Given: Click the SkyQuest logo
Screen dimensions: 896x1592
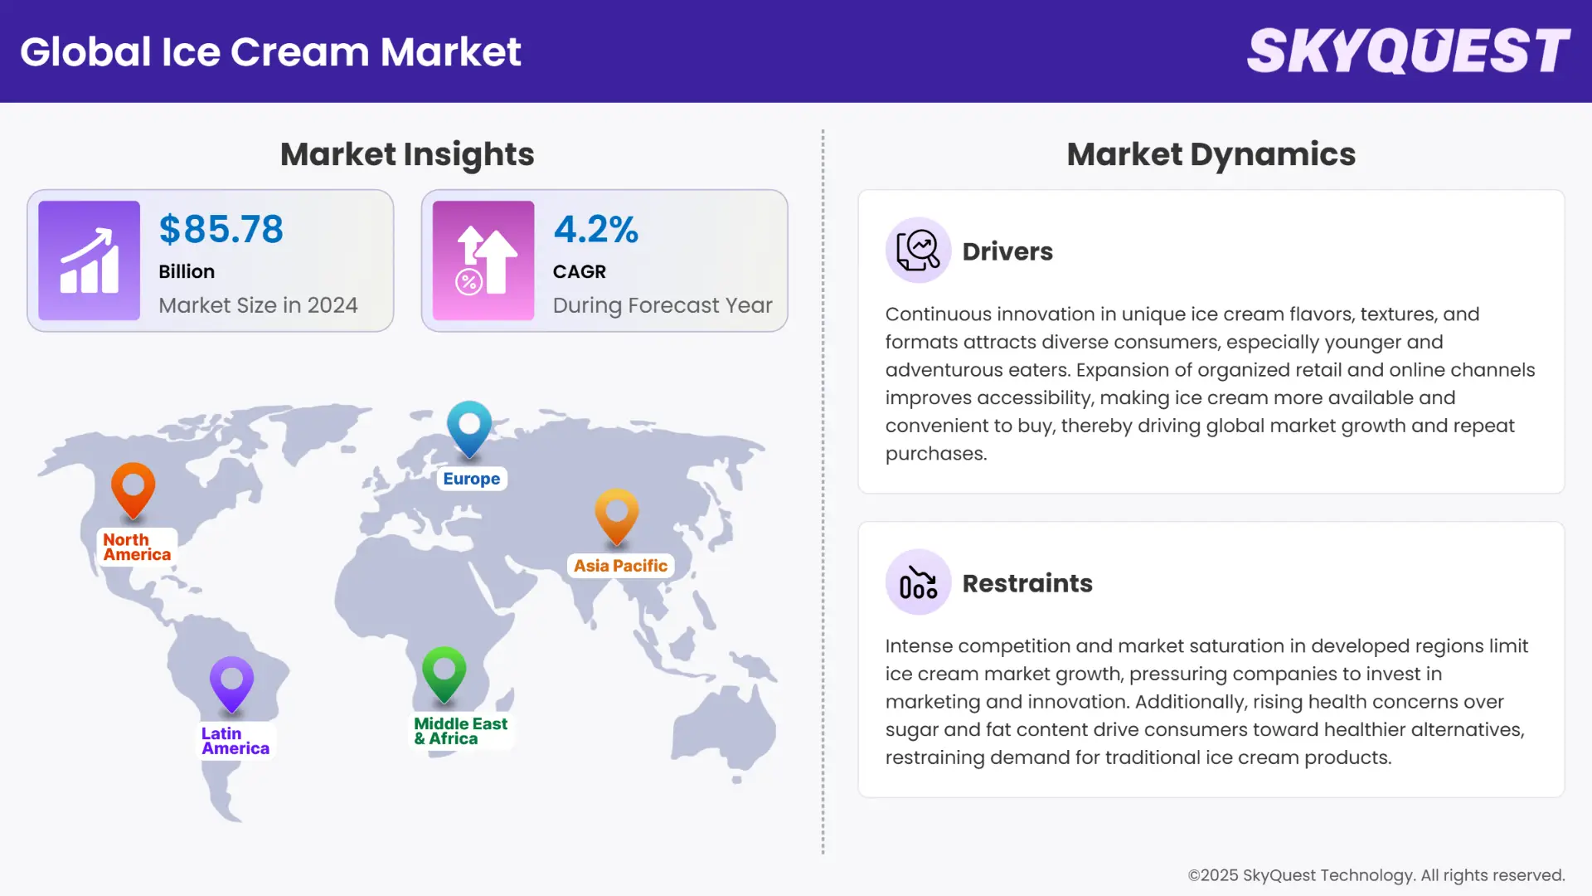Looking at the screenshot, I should tap(1408, 51).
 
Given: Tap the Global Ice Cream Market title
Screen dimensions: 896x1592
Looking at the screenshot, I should tap(270, 51).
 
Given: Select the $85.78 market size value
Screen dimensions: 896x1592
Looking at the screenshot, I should tap(221, 229).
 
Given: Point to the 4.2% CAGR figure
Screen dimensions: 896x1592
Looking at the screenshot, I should tap(595, 229).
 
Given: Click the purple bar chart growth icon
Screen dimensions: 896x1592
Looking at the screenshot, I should tap(89, 261).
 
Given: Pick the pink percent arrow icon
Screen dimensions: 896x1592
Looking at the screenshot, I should tap(483, 261).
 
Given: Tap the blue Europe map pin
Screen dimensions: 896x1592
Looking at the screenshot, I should tap(469, 426).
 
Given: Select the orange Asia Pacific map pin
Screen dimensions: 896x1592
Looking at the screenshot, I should tap(616, 514).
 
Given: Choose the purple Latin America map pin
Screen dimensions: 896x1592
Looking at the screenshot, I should tap(231, 683).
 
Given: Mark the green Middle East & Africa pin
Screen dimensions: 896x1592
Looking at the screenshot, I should tap(444, 672).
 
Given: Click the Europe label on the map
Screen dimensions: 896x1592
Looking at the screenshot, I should tap(471, 479).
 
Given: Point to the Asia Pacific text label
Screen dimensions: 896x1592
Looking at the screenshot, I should tap(620, 566).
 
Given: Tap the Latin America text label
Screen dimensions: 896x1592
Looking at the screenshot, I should tap(235, 741).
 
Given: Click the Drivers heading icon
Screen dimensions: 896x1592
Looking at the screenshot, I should tap(918, 251).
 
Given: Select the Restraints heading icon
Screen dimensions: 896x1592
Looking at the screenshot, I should tap(918, 582).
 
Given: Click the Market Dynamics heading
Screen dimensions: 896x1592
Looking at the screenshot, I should tap(1211, 154).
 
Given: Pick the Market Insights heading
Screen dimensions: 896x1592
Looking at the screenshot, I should tap(407, 154).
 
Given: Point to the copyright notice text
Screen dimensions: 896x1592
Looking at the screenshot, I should tap(1376, 875).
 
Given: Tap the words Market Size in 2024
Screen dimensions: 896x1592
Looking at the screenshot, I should tap(258, 305).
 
